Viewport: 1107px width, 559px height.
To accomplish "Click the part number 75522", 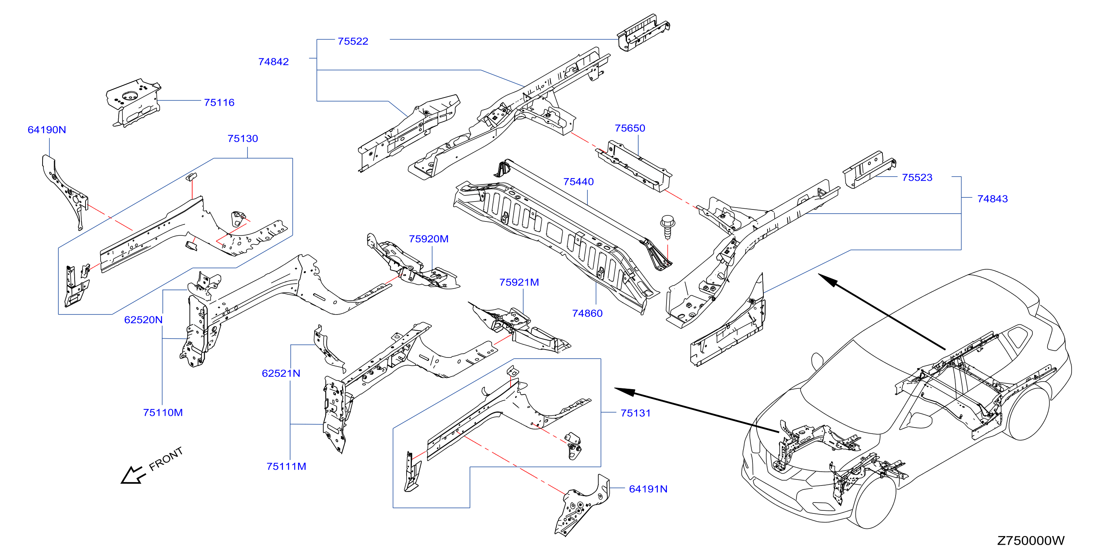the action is click(x=353, y=41).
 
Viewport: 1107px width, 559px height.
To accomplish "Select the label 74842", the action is click(x=273, y=62).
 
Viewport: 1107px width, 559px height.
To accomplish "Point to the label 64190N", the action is click(x=47, y=130).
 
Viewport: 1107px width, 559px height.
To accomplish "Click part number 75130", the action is click(x=243, y=139).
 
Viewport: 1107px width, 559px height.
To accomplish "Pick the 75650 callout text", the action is click(x=630, y=128).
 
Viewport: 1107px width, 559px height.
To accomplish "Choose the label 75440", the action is click(x=578, y=182).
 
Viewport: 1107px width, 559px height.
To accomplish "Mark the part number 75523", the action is click(x=917, y=178).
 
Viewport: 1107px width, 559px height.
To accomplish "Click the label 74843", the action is click(x=992, y=199).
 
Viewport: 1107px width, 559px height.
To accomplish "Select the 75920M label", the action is click(x=428, y=239).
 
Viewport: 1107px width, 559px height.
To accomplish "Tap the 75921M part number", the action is click(x=519, y=282).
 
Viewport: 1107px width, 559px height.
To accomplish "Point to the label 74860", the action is click(x=587, y=314).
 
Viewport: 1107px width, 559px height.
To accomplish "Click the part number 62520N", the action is click(x=143, y=320).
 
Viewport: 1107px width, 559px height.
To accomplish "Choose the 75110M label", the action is click(x=163, y=413).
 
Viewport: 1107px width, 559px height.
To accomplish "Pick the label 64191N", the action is click(x=648, y=489).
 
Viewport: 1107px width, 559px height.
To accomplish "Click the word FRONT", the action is click(x=166, y=459).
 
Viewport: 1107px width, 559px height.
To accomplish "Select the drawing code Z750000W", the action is click(x=1031, y=541).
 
